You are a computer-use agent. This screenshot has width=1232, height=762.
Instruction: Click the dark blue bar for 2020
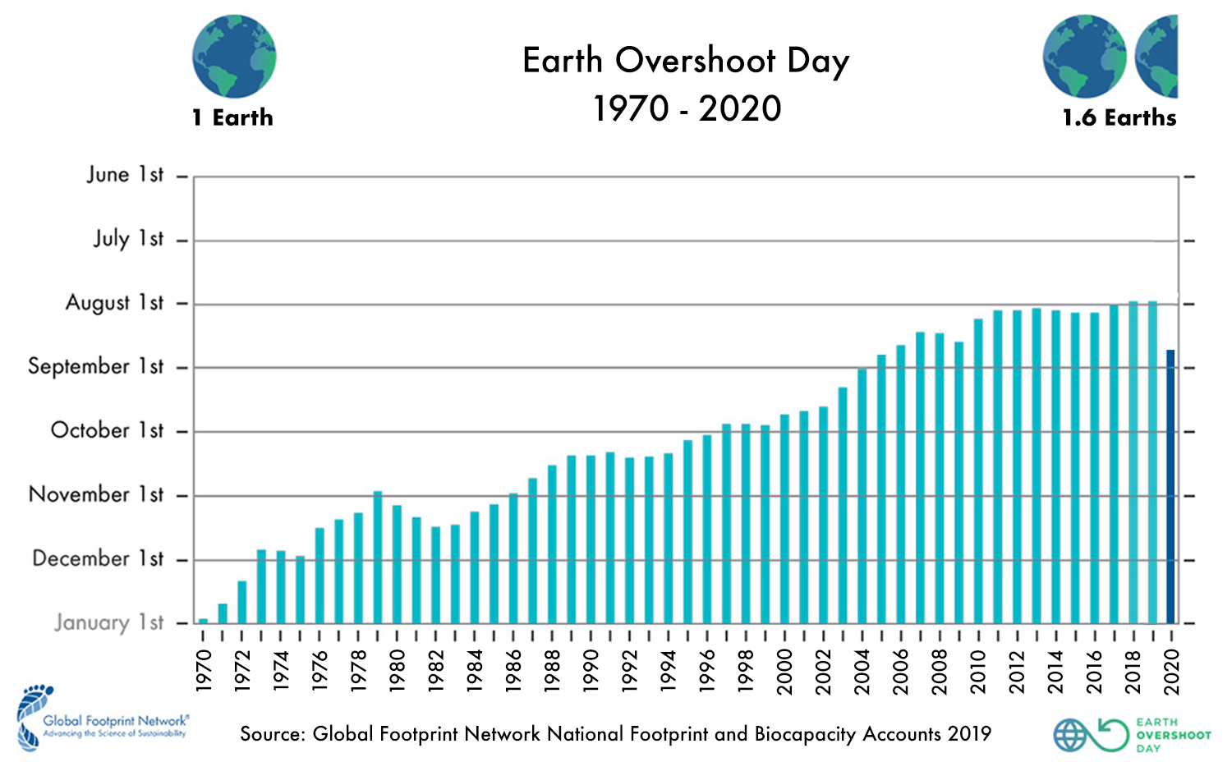[1170, 486]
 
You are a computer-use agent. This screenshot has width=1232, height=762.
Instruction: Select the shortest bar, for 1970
[203, 621]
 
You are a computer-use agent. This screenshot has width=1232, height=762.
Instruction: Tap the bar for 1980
[397, 563]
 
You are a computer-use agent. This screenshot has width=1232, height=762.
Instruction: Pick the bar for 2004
[862, 495]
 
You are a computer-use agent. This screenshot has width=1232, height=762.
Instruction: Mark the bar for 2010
[978, 471]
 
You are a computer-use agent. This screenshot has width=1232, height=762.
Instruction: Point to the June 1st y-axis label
[125, 175]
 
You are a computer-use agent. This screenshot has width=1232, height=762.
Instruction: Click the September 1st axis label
[95, 366]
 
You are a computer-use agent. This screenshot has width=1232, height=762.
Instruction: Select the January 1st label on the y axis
[109, 622]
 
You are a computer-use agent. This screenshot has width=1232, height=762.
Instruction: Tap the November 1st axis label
[96, 494]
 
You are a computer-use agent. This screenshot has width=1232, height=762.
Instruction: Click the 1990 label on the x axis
[591, 671]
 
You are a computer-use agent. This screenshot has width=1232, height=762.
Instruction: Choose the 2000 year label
[784, 671]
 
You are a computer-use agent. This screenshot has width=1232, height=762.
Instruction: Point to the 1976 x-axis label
[319, 671]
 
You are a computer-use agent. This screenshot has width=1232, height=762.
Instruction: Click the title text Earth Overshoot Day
[686, 61]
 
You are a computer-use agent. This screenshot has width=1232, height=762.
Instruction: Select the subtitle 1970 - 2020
[687, 108]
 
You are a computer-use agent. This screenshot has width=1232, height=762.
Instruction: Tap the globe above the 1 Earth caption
[234, 56]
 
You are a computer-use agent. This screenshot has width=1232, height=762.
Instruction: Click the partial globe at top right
[1157, 56]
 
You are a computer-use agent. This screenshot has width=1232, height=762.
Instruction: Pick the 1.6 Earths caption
[1119, 118]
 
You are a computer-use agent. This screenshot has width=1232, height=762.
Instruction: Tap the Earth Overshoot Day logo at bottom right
[1132, 735]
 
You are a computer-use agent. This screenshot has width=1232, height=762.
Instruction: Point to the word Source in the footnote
[271, 734]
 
